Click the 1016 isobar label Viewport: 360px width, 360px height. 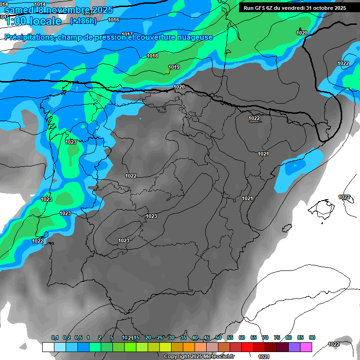pyautogui.click(x=113, y=20)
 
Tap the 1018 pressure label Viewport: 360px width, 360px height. pyautogui.click(x=152, y=56)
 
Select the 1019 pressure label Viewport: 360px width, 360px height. pyautogui.click(x=174, y=67)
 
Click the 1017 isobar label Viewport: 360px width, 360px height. pyautogui.click(x=127, y=34)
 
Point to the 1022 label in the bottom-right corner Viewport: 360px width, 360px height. pyautogui.click(x=334, y=344)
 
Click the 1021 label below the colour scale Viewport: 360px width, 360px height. pyautogui.click(x=264, y=356)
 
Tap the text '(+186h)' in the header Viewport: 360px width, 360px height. pyautogui.click(x=83, y=21)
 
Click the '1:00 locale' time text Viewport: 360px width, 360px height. pyautogui.click(x=33, y=21)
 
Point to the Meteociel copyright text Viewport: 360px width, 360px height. pyautogui.click(x=199, y=356)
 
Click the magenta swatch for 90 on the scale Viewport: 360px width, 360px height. pyautogui.click(x=306, y=347)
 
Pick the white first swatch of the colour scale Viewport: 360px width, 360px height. pyautogui.click(x=48, y=347)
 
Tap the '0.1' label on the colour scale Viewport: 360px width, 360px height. pyautogui.click(x=55, y=337)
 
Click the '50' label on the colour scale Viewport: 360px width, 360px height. pyautogui.click(x=218, y=337)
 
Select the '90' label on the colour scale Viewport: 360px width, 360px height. pyautogui.click(x=312, y=337)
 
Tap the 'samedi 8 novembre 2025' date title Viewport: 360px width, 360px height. pyautogui.click(x=55, y=9)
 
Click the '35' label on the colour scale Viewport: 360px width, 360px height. pyautogui.click(x=183, y=337)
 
